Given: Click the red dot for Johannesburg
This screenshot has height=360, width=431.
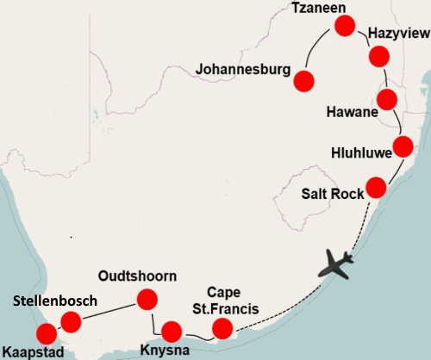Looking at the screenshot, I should (x=303, y=81).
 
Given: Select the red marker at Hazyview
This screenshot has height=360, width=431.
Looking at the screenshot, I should (x=378, y=57).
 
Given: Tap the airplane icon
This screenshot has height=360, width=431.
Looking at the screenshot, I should (x=335, y=263).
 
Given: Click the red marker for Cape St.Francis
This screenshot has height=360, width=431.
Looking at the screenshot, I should (x=223, y=328).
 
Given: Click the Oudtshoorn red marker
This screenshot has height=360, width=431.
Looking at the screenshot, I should (x=146, y=300).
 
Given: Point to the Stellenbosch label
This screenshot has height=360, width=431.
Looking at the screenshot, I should (x=54, y=301).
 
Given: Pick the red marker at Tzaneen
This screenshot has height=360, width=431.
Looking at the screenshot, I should (x=344, y=27).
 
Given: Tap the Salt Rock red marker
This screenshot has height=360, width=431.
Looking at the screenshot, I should (x=376, y=186).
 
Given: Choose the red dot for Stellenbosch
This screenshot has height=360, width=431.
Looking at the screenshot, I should (x=71, y=322).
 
